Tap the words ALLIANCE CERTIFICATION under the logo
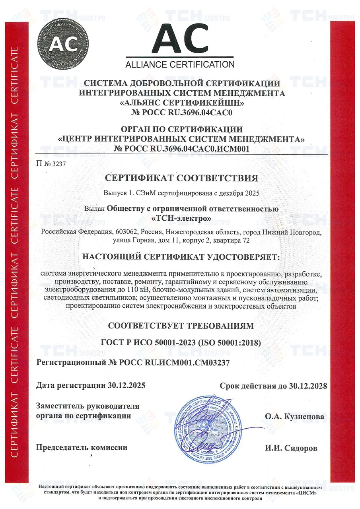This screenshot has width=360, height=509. tap(180, 64)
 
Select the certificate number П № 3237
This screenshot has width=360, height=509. tap(51, 163)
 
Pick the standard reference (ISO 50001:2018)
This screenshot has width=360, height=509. tap(230, 343)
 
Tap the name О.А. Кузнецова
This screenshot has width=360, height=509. tap(294, 417)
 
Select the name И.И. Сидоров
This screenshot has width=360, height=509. tap(291, 448)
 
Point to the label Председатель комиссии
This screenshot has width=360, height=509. tap(82, 447)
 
